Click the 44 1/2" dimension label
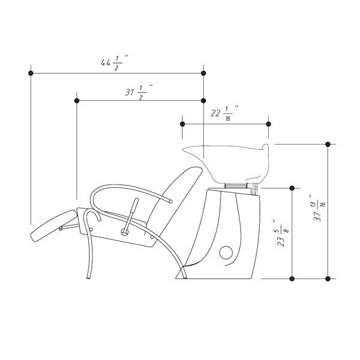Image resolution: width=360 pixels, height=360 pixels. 115,62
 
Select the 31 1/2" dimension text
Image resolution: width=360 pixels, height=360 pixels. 139,92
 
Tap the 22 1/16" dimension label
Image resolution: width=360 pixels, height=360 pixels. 224,113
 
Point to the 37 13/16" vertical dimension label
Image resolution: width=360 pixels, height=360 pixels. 319,208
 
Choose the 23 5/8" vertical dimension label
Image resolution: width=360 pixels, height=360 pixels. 283,233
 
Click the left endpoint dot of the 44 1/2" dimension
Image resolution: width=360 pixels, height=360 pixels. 31,73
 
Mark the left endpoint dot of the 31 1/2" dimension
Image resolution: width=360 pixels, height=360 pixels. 77,101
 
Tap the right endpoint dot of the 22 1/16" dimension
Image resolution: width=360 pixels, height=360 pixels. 268,124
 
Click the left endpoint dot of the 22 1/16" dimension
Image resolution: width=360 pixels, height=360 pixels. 182,124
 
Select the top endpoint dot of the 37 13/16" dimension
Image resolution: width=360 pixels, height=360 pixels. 328,144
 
